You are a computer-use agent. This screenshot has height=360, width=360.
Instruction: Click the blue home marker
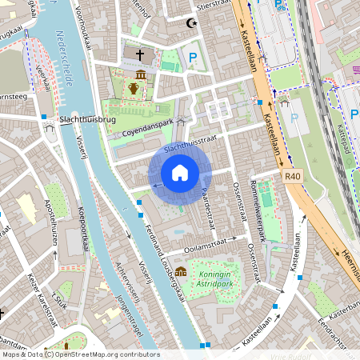180,172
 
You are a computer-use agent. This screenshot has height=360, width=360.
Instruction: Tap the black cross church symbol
140,55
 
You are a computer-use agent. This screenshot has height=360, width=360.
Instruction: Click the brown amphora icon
133,87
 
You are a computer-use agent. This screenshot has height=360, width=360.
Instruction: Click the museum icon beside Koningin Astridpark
182,271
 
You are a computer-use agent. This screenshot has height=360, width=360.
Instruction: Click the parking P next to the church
193,57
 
